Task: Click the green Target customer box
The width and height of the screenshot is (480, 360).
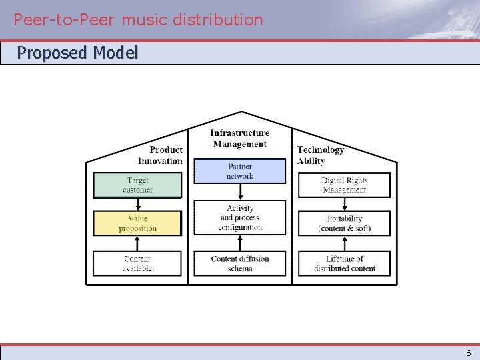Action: point(137,185)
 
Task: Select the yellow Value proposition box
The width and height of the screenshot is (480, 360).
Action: point(137,223)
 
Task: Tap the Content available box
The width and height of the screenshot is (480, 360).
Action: point(137,263)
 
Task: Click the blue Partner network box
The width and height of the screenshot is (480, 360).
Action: point(239,171)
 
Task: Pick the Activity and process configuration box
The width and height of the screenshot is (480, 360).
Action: point(239,218)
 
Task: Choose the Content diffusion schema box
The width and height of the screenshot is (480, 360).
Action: point(239,263)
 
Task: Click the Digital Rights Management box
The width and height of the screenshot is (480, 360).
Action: point(344,185)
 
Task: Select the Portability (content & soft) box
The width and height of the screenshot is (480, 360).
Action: point(344,223)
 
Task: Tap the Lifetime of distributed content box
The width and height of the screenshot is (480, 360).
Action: point(344,263)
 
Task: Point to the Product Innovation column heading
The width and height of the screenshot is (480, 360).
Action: point(160,155)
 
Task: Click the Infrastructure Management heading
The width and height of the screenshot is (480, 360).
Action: point(239,139)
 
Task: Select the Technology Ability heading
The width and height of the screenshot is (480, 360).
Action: point(320,155)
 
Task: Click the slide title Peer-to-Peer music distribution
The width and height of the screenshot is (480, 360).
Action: point(139,19)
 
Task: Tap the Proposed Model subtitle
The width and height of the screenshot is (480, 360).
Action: point(77,53)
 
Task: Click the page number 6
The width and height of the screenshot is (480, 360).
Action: point(468,353)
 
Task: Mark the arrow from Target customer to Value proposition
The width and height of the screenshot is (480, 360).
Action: point(137,205)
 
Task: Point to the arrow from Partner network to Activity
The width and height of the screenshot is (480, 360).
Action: point(239,192)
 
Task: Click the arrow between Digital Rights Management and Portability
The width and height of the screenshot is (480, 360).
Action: point(344,205)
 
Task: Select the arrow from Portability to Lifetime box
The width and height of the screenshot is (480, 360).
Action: point(344,243)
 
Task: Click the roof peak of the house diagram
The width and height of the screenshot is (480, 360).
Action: point(241,112)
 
